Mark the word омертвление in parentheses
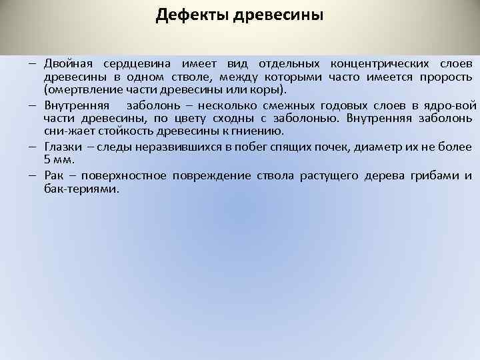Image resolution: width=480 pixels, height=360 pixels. click(x=79, y=89)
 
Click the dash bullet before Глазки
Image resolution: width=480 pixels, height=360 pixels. click(x=33, y=147)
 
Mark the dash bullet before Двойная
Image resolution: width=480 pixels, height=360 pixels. click(x=33, y=64)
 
